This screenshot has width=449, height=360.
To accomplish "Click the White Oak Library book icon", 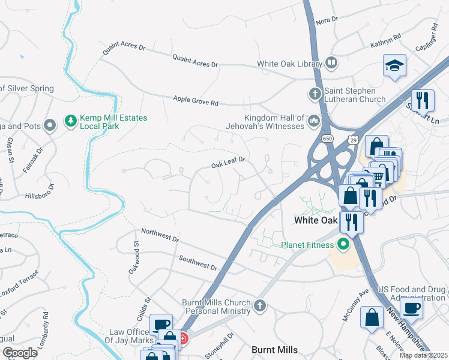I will [331, 63].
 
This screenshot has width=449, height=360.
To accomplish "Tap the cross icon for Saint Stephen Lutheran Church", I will [314, 94].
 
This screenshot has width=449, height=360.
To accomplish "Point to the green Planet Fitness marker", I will [343, 244].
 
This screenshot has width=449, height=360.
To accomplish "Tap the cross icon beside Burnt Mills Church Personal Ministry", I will [259, 306].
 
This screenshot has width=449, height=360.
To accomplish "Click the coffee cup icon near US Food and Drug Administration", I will [411, 308].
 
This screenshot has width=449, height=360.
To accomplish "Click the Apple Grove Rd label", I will [196, 101].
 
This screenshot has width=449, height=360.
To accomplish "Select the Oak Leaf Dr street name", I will [229, 163].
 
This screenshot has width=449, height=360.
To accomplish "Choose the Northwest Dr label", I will [160, 235].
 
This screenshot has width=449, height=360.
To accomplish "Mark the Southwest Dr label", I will [197, 262].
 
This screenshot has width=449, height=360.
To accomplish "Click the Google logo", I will [20, 352].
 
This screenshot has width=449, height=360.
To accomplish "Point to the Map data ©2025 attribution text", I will [423, 355].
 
